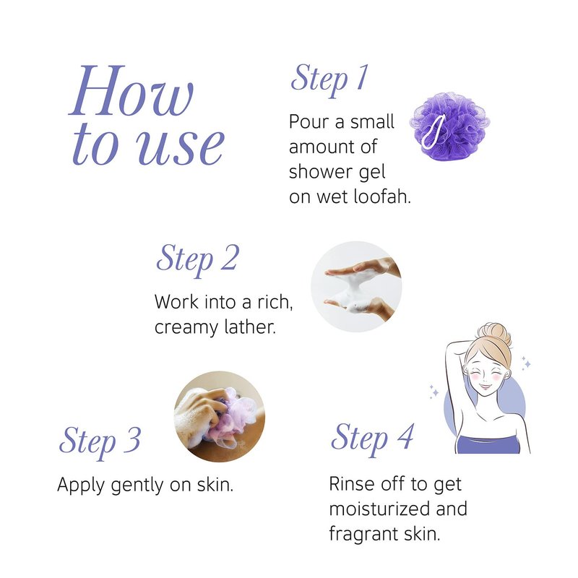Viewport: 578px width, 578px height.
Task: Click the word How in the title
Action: click(x=131, y=90)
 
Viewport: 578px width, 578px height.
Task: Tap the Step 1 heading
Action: click(x=329, y=80)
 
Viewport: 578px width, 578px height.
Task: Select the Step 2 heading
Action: click(x=197, y=259)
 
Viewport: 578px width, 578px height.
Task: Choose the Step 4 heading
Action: click(x=372, y=439)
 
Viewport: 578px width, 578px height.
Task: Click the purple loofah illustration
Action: click(x=449, y=126)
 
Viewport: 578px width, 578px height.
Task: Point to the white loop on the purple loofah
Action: click(x=433, y=131)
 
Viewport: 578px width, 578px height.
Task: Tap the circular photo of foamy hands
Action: click(x=356, y=286)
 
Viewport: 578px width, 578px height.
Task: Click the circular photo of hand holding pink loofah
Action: click(x=220, y=417)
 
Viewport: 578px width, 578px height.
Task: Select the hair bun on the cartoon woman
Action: click(x=497, y=334)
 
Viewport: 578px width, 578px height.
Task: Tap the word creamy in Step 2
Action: click(x=181, y=328)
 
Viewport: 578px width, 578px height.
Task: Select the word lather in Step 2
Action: click(x=245, y=327)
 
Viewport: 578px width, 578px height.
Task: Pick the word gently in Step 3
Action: click(x=137, y=486)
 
